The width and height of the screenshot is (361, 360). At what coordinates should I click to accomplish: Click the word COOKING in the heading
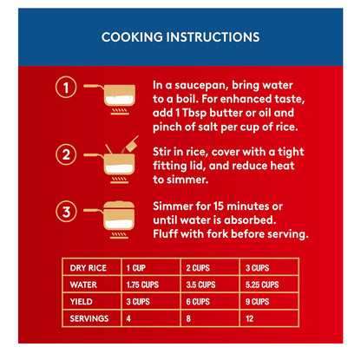[x=132, y=37]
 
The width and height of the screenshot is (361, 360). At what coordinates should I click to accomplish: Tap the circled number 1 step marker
[x=66, y=87]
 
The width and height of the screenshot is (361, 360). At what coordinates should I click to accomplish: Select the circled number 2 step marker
[x=66, y=154]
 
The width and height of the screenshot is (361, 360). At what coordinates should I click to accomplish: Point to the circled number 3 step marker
[x=66, y=212]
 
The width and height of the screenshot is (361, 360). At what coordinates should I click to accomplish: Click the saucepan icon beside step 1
[x=114, y=99]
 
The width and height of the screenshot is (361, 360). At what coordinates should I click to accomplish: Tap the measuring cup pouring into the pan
[x=132, y=143]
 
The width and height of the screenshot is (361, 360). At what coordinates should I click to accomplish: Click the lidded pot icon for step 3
[x=114, y=219]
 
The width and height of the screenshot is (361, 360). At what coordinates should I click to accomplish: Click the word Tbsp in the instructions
[x=194, y=114]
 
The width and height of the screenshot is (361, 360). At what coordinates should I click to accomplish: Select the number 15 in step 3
[x=219, y=206]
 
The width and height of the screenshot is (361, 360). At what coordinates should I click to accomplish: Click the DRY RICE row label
[x=89, y=268]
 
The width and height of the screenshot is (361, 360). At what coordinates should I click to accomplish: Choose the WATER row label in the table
[x=83, y=285]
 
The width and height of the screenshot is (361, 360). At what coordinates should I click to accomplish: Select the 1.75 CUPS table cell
[x=142, y=285]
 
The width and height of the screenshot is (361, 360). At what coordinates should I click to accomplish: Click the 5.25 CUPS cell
[x=262, y=285]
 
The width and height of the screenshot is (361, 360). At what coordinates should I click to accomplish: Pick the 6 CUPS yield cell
[x=198, y=302]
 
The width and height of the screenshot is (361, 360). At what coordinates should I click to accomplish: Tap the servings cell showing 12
[x=249, y=318]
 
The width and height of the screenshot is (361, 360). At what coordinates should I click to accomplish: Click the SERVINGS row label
[x=89, y=318]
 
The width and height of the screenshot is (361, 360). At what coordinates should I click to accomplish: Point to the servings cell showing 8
[x=188, y=318]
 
